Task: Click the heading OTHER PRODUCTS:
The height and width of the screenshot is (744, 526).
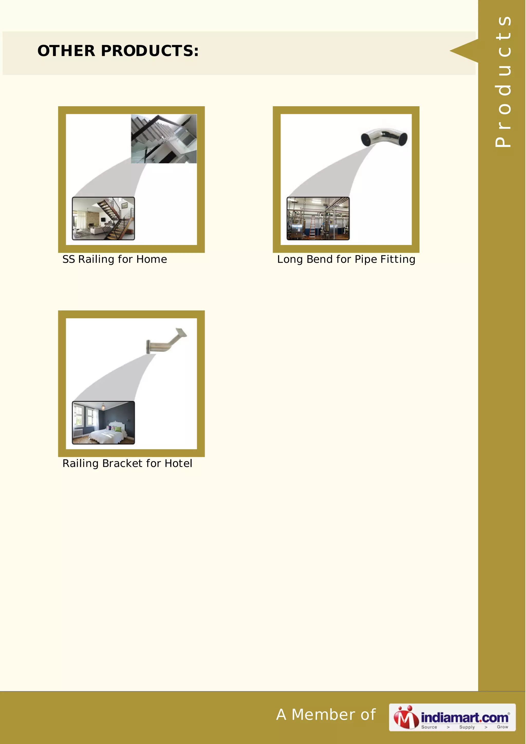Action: [118, 51]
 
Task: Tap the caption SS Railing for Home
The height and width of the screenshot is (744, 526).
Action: [115, 259]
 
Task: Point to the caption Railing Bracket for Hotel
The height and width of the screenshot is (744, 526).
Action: [127, 463]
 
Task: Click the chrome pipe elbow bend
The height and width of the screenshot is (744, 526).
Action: [384, 137]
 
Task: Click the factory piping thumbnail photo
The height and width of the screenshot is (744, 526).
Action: [318, 218]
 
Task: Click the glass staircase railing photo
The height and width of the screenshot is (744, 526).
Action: [164, 139]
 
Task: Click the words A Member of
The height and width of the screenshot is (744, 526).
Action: [326, 714]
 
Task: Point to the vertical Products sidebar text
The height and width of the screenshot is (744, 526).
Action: [503, 81]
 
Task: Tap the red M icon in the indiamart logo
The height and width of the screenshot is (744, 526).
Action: [406, 717]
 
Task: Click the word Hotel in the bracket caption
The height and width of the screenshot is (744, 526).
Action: [178, 463]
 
